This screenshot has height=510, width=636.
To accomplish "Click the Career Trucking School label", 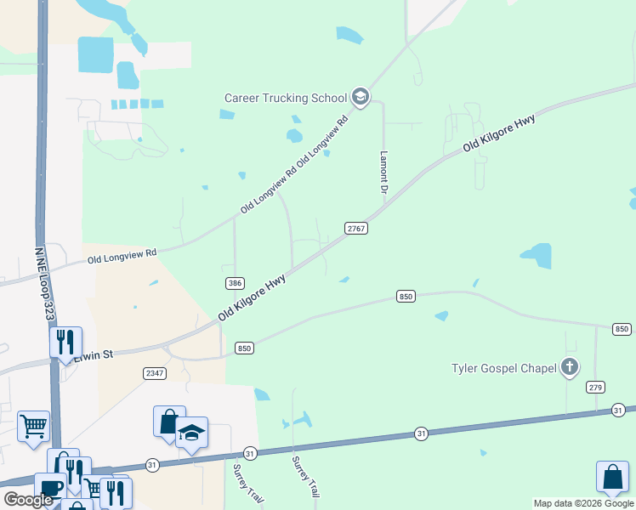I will tap(286, 97).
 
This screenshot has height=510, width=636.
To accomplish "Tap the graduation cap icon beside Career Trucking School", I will tap(361, 97).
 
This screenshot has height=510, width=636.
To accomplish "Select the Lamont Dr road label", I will tap(383, 174).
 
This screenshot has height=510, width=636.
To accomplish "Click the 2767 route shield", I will tap(356, 229).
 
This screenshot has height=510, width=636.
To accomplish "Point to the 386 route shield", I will tap(236, 282).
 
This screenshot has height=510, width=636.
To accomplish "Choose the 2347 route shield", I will tap(155, 373).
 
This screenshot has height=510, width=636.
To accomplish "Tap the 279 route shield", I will tap(595, 388).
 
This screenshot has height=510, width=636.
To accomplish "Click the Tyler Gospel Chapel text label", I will tap(504, 368).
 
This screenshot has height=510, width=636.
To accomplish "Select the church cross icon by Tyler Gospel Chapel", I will tap(570, 368).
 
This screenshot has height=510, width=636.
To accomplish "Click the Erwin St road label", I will tap(93, 354).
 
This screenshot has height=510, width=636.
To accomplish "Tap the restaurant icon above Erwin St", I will tap(65, 342).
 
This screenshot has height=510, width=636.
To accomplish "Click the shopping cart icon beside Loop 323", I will tap(34, 425).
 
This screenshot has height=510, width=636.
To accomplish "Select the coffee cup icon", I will tap(50, 488).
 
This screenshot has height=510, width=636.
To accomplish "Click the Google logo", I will tap(28, 500).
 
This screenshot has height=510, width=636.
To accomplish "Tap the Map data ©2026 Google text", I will tap(582, 503).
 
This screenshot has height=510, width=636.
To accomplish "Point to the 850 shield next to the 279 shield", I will tap(622, 329).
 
